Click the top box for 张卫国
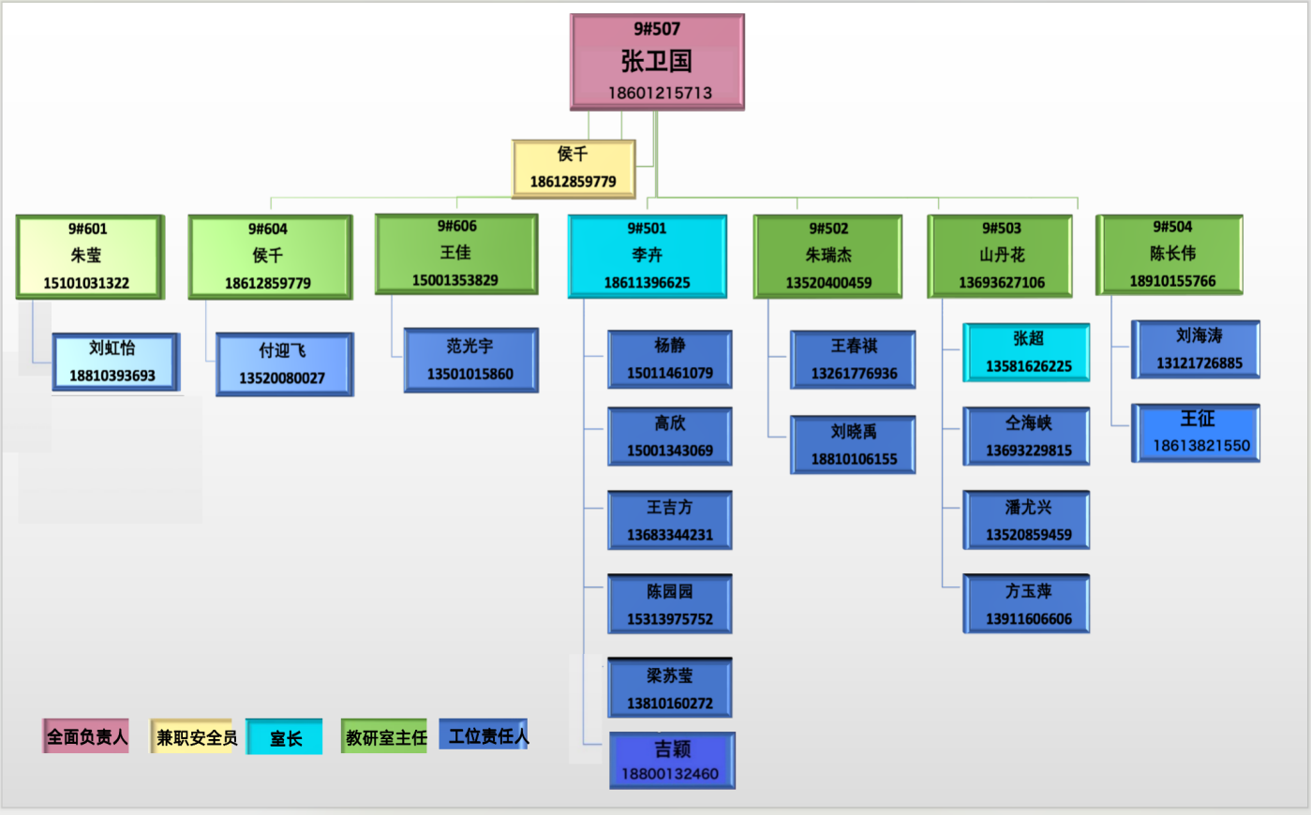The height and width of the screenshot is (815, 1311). tap(657, 62)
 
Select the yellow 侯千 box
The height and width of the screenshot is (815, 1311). tap(574, 169)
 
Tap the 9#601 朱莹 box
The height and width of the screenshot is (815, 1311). tap(89, 257)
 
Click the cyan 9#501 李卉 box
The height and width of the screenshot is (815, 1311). tap(647, 257)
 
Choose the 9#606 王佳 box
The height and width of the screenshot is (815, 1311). tap(456, 254)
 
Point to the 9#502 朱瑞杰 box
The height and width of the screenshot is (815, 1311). tap(828, 257)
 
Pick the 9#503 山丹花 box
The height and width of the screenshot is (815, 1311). tap(1001, 257)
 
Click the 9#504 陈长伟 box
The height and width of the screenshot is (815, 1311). tap(1171, 255)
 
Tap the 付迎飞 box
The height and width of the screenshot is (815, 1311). tap(284, 364)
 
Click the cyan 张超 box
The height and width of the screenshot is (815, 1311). tap(1027, 352)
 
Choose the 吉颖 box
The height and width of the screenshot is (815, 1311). tap(672, 761)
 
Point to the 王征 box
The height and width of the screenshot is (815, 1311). tap(1198, 433)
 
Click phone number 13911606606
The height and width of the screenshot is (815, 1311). tap(1028, 619)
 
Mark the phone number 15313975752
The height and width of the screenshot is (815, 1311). tap(670, 619)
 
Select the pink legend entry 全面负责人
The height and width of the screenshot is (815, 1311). tap(86, 737)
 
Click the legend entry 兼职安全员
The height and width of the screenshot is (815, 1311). tap(194, 737)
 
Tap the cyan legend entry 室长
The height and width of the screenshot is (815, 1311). tap(285, 738)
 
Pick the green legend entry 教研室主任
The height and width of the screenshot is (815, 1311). tap(385, 737)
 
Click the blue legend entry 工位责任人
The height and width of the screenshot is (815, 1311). tap(486, 736)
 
